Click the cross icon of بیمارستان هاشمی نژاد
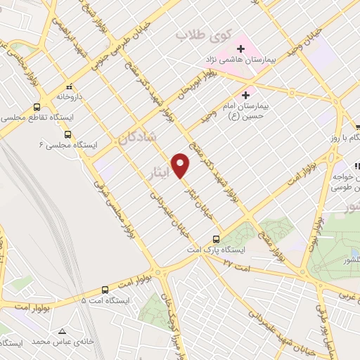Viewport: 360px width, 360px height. tap(240, 49)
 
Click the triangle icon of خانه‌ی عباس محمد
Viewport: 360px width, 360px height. tap(63, 330)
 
